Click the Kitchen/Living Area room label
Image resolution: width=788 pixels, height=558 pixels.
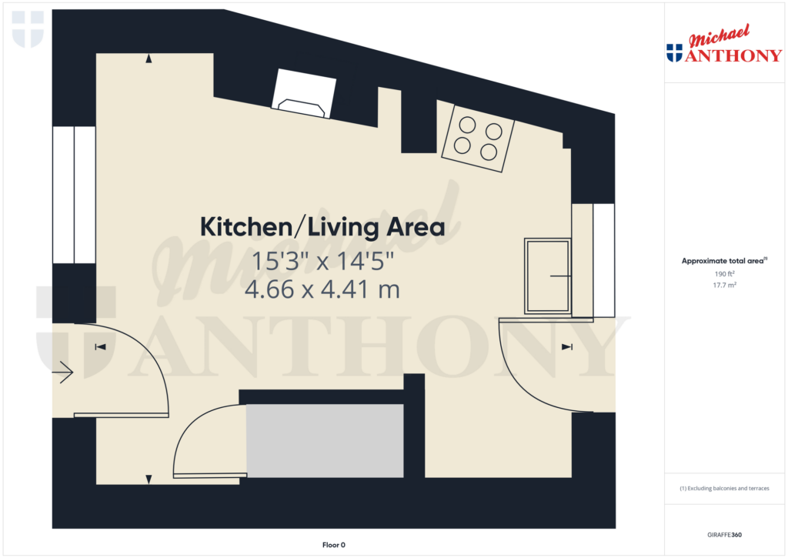[322, 227]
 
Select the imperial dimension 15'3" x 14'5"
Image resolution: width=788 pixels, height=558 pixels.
[322, 262]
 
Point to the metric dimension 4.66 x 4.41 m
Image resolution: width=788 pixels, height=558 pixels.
[322, 289]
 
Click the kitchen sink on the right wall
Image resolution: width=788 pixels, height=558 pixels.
[548, 276]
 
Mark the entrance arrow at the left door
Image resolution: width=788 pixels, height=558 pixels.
[63, 374]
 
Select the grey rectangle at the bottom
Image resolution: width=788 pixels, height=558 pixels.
[325, 440]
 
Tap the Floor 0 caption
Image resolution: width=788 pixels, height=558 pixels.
[334, 545]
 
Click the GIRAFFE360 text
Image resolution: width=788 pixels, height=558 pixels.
[724, 535]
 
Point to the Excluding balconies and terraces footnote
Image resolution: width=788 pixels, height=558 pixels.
[724, 489]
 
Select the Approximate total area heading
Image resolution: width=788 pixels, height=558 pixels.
[724, 261]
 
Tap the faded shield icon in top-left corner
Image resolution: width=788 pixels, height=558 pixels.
[28, 29]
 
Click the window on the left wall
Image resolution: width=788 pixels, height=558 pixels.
[74, 195]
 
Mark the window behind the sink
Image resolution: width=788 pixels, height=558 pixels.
[603, 260]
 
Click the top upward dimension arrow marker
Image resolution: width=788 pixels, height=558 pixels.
[149, 58]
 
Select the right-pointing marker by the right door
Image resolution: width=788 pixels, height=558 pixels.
[567, 348]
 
